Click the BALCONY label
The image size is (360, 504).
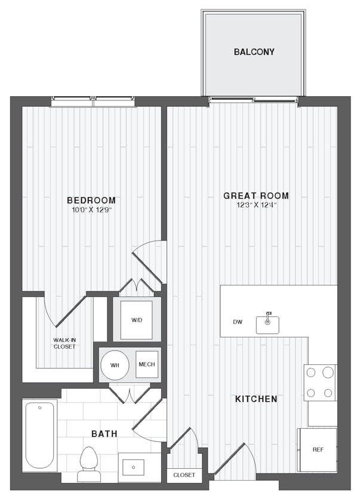(x=254, y=52)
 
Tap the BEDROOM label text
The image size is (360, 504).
(x=91, y=200)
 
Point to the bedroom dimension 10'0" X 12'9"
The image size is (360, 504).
(x=91, y=210)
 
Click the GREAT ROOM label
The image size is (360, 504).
(x=256, y=195)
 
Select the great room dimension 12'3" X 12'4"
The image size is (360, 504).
(x=256, y=205)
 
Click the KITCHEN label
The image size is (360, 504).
(x=256, y=398)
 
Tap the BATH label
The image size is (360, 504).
(x=104, y=434)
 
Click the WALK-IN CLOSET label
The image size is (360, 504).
(x=64, y=343)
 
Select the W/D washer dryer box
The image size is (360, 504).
(x=137, y=319)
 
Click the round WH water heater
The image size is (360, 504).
(x=115, y=365)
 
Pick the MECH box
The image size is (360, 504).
(x=146, y=364)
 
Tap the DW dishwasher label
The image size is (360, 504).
(x=238, y=322)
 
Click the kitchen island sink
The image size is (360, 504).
(x=267, y=323)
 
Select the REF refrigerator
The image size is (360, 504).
(x=317, y=450)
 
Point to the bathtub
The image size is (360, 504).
(x=40, y=435)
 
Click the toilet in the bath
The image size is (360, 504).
(x=88, y=462)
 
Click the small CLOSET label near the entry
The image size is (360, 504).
(x=184, y=475)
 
